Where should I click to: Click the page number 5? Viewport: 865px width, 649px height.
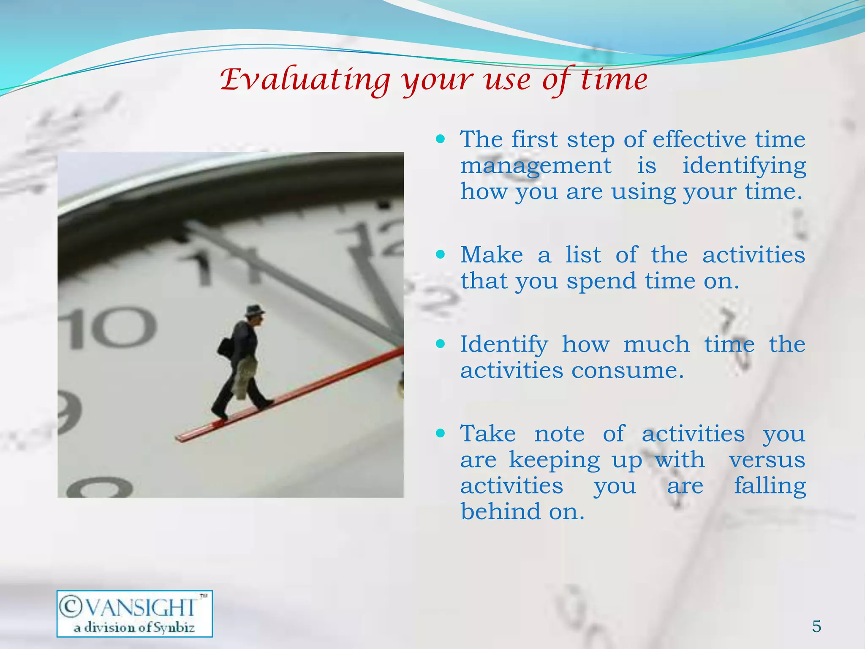coord(816,626)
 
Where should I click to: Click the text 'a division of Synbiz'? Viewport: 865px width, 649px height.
coord(134,627)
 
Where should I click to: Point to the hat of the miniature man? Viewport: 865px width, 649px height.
coord(255,311)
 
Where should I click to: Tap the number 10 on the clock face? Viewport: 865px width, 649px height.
coord(108,327)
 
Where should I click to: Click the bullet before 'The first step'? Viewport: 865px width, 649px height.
coord(441,139)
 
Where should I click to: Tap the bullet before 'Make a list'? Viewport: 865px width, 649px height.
coord(441,254)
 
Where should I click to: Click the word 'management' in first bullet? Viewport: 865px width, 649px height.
coord(535,166)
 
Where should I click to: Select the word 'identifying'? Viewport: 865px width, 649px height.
coord(744,166)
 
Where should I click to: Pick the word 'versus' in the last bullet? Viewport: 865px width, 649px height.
coord(767,460)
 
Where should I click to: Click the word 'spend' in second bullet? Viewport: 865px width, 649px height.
coord(601,281)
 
